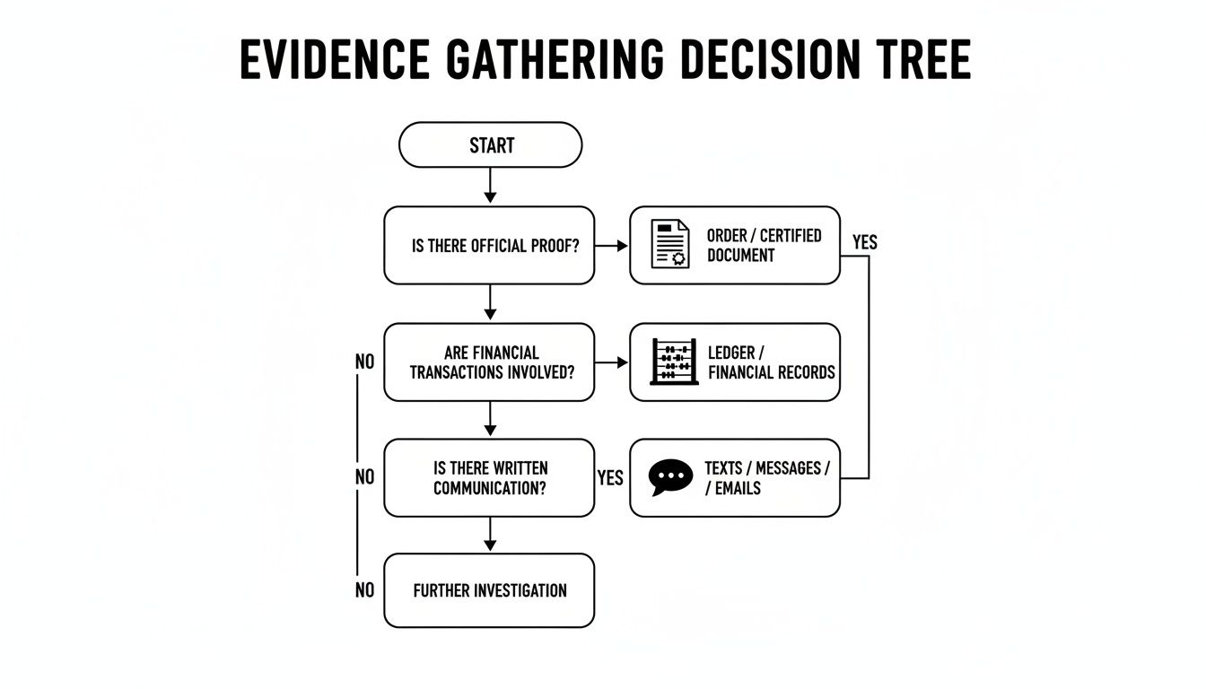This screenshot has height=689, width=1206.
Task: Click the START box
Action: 490,145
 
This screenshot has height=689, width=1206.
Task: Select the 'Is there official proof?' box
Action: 489,246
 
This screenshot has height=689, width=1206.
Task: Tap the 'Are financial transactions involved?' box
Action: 489,362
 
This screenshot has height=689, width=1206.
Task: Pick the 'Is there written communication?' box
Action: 489,478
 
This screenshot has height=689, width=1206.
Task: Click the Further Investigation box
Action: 489,590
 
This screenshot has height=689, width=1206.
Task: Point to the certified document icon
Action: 670,244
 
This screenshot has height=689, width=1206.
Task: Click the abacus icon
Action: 674,362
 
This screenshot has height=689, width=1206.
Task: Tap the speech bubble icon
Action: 670,478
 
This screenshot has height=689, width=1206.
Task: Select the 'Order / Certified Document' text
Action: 764,245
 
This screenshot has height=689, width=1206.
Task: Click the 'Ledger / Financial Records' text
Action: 771,362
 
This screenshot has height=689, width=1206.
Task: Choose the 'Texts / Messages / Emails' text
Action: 766,478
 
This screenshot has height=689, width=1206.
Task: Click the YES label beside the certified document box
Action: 864,242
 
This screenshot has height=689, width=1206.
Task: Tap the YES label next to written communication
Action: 610,478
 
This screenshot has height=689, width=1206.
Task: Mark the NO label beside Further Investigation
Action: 364,590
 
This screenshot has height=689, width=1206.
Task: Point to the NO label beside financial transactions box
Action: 364,362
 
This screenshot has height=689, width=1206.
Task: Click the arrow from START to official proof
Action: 489,186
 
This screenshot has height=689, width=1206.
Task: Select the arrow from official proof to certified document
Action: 612,246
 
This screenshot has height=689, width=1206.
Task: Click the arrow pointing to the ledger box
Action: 612,362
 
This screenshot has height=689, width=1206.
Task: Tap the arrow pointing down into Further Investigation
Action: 489,535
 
